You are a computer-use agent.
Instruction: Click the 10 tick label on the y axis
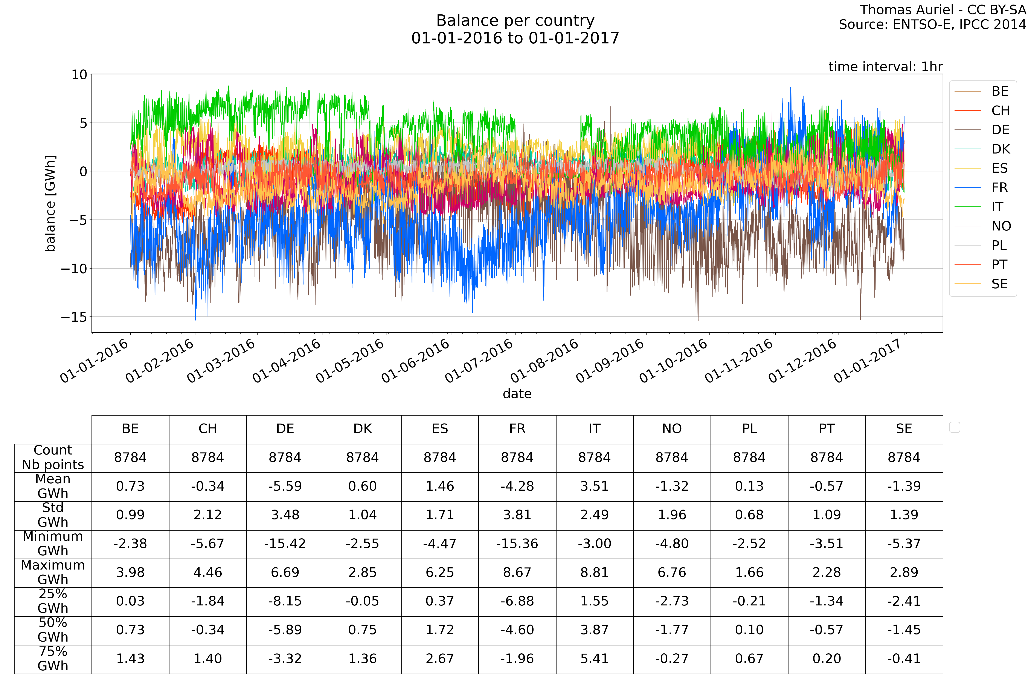pyautogui.click(x=79, y=75)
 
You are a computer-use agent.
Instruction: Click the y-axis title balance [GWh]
pyautogui.click(x=50, y=203)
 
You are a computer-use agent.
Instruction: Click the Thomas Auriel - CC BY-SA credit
pyautogui.click(x=943, y=10)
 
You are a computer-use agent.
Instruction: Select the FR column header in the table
pyautogui.click(x=517, y=429)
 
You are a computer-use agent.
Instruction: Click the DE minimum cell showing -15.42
pyautogui.click(x=285, y=544)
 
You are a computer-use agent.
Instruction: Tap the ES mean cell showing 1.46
pyautogui.click(x=440, y=486)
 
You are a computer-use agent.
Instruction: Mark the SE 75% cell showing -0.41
pyautogui.click(x=904, y=659)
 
